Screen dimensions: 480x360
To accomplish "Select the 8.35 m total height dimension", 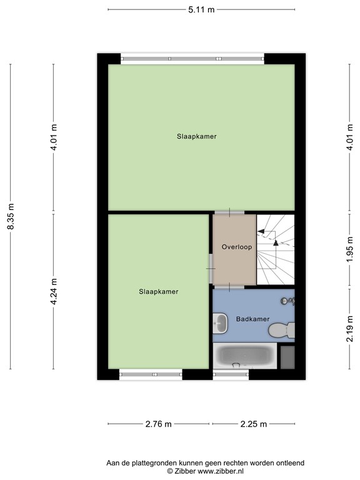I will pos(11,216).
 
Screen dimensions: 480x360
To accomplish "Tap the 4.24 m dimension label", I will pos(54,291).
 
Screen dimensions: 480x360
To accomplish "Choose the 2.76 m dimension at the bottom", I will pos(158,424).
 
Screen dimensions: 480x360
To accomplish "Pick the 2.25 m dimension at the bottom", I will pos(254,424).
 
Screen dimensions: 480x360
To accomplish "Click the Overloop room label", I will pos(236,247).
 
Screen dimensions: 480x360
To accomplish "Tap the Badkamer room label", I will pos(252,319).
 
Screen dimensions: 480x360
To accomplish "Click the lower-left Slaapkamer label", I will pos(158,291).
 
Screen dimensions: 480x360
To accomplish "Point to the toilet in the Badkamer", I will pos(286,327).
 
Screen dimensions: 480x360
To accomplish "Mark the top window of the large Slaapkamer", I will pos(192,58).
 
